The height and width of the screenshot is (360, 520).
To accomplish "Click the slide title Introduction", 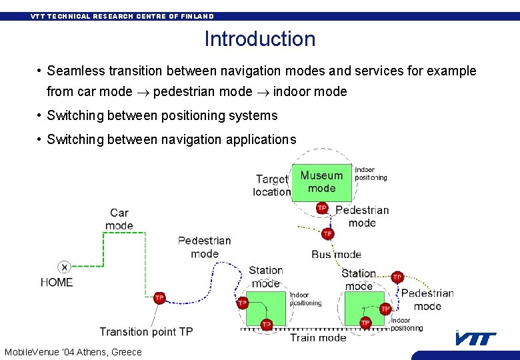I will [x=260, y=39].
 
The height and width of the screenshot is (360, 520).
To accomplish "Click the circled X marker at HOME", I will [x=64, y=267].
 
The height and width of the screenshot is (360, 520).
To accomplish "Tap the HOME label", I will [x=57, y=283].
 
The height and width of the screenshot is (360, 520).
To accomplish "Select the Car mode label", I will [x=119, y=219].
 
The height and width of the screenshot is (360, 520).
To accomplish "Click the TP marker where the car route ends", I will [x=159, y=298].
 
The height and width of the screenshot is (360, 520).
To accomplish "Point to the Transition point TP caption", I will [x=147, y=331].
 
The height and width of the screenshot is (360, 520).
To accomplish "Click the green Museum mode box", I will [x=321, y=182].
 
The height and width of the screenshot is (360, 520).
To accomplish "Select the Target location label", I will [x=272, y=185].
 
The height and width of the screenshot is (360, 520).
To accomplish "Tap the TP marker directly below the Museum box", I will [x=322, y=208].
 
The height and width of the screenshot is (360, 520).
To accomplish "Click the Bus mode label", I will [x=336, y=254].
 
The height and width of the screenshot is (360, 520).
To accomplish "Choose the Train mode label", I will [x=318, y=338].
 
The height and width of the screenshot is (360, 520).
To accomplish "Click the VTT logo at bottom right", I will [x=476, y=339].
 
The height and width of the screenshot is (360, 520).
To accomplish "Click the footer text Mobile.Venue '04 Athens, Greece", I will [x=73, y=352].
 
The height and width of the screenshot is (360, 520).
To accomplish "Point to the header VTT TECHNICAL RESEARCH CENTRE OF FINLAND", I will [x=122, y=16].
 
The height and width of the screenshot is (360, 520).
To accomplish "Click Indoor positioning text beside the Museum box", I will [x=371, y=174].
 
